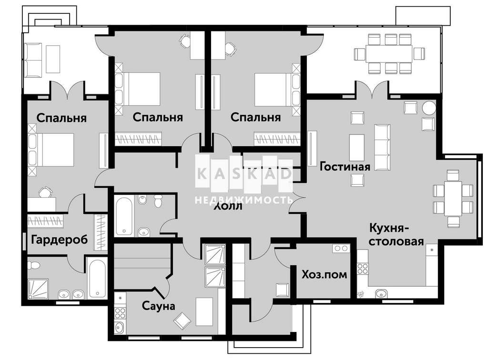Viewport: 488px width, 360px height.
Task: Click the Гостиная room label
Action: click(345, 167)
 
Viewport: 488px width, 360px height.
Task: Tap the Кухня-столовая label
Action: click(396, 234)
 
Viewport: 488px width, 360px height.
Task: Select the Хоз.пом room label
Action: click(324, 274)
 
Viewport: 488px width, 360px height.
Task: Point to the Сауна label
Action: click(158, 306)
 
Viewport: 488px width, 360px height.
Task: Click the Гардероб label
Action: click(60, 240)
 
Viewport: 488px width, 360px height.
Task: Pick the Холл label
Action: click(228, 206)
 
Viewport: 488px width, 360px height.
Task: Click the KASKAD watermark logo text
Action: click(244, 174)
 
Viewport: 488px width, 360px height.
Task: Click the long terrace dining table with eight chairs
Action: click(389, 53)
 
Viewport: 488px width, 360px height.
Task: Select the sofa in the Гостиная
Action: click(382, 147)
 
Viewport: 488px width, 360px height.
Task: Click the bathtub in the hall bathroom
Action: click(124, 216)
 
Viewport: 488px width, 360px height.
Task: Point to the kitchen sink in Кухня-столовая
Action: click(381, 293)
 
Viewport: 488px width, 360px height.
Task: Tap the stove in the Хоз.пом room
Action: click(341, 248)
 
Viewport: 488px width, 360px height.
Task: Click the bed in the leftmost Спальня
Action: click(51, 150)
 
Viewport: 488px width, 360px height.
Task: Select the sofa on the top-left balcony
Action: click(33, 60)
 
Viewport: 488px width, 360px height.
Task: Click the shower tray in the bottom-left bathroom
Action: click(38, 289)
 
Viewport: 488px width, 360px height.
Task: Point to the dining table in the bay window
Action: click(453, 199)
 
